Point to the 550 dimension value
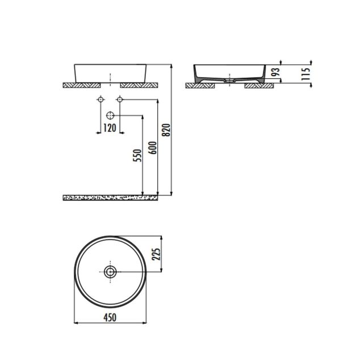pyautogui.click(x=137, y=157)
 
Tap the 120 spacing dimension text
pyautogui.click(x=110, y=128)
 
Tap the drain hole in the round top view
pyautogui.click(x=110, y=271)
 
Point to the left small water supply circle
pyautogui.click(x=101, y=100)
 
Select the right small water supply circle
pyautogui.click(x=119, y=100)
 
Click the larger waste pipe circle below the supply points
pyautogui.click(x=110, y=115)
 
